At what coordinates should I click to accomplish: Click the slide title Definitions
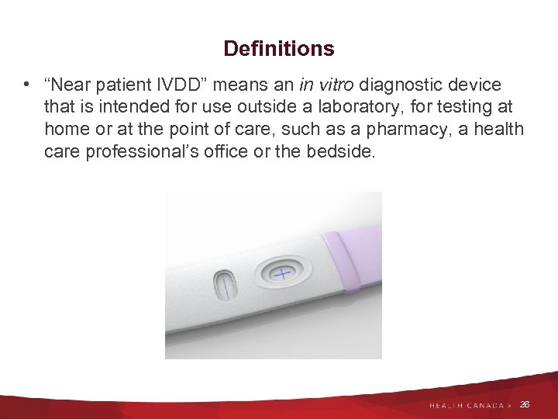pyautogui.click(x=279, y=49)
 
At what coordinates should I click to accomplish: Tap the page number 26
pyautogui.click(x=525, y=404)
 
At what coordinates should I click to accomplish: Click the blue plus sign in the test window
pyautogui.click(x=281, y=275)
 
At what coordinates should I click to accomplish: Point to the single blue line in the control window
pyautogui.click(x=226, y=286)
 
